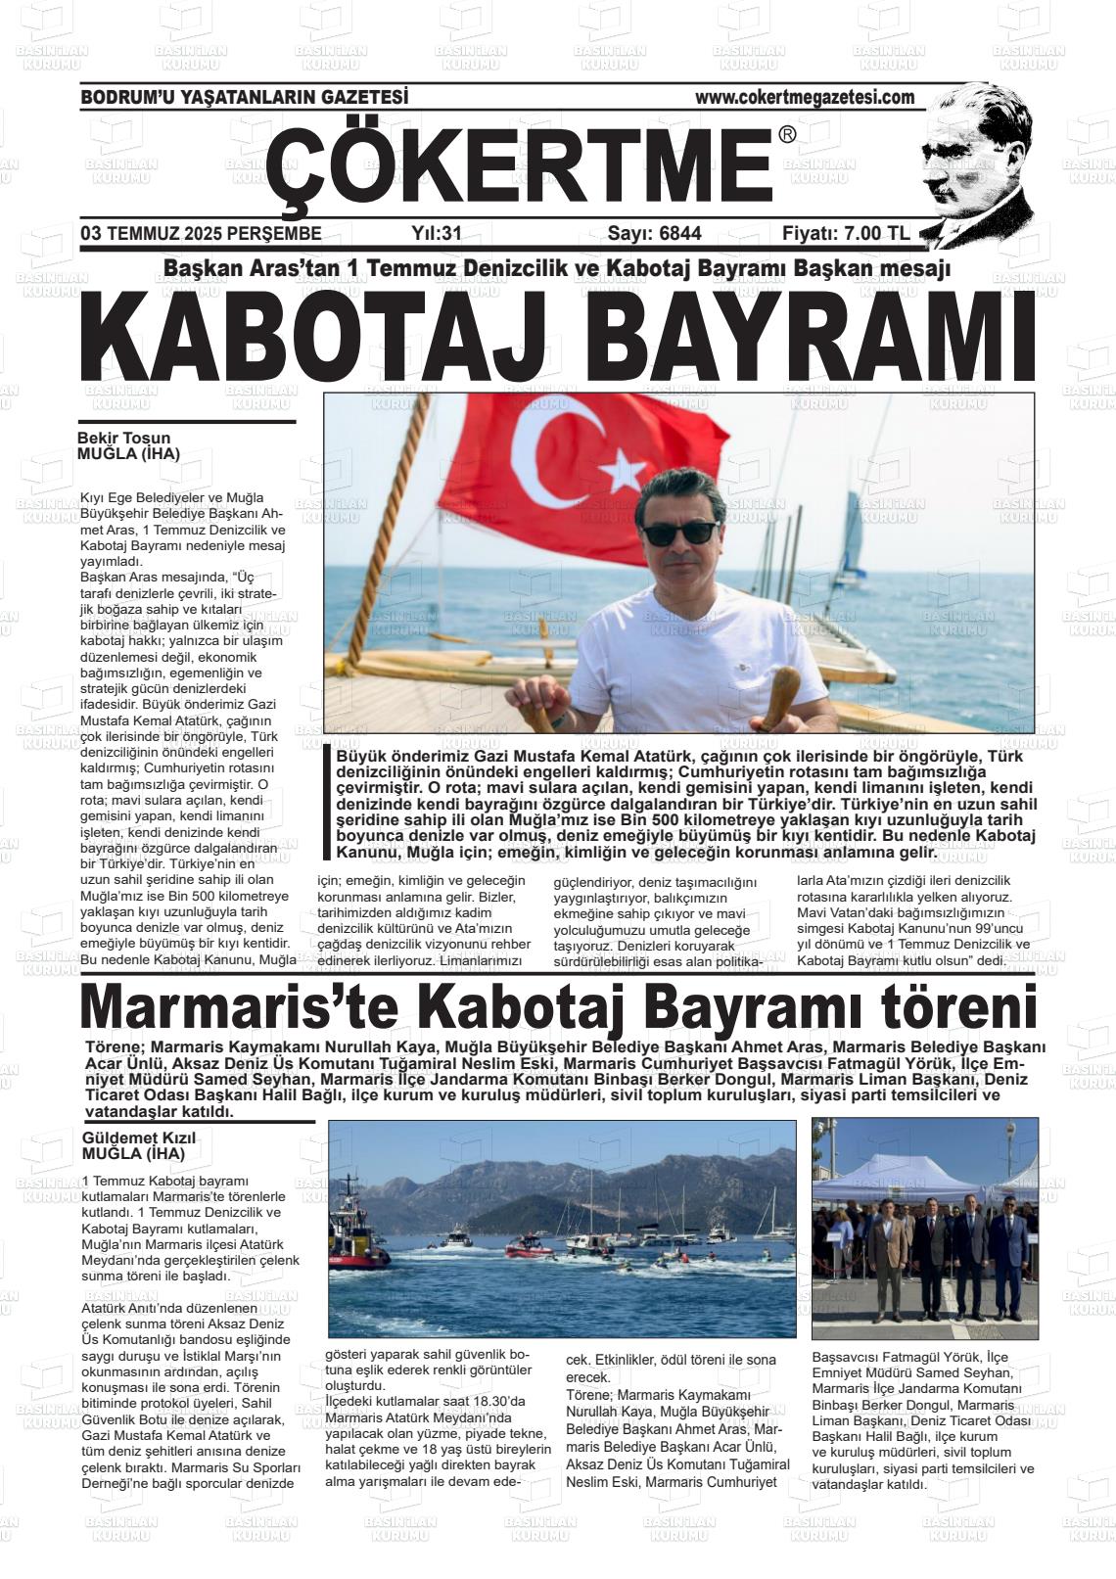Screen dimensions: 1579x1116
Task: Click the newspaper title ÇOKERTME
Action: (x=519, y=166)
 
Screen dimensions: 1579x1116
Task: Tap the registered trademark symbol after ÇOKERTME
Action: (x=787, y=135)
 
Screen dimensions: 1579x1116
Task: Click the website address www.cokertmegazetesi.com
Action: (x=805, y=97)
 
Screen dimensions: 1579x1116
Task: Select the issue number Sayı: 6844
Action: (x=654, y=233)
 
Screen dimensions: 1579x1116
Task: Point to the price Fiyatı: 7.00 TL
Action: (x=846, y=233)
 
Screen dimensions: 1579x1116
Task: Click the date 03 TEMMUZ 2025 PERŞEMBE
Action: (x=201, y=233)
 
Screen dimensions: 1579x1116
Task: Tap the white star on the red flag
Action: (x=622, y=471)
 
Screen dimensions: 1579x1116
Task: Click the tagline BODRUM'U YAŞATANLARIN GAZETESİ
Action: (x=244, y=97)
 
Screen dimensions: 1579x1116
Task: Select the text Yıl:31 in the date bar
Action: (x=436, y=233)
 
